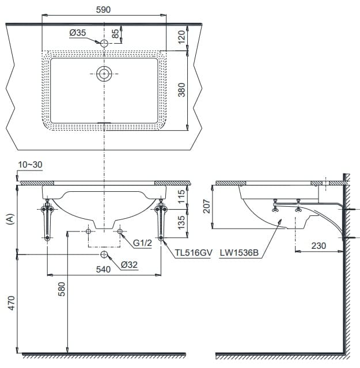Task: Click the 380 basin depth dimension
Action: [182, 90]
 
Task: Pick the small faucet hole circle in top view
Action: [104, 43]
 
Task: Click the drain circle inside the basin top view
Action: [104, 74]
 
